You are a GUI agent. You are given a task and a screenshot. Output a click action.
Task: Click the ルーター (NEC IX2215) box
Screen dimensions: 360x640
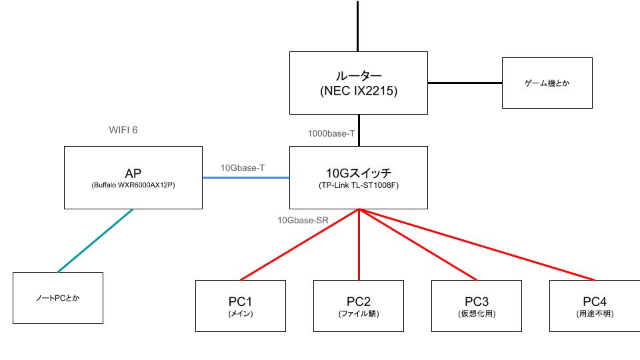click(359, 83)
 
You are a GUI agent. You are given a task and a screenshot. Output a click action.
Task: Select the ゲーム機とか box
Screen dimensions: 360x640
click(547, 83)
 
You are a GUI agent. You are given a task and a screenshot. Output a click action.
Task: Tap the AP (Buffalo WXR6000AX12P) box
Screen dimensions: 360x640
click(133, 177)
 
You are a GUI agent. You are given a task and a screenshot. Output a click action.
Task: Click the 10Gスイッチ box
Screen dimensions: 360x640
click(359, 177)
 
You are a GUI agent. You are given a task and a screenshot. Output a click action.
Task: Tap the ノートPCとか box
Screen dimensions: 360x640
click(58, 298)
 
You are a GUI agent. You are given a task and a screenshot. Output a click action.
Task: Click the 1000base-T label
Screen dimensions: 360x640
click(331, 133)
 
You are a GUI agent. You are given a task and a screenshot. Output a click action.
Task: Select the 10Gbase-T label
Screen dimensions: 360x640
click(243, 168)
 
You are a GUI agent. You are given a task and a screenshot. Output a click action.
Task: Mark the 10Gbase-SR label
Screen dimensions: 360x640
click(303, 219)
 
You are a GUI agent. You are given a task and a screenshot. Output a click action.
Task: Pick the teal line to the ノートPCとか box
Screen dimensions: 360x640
click(95, 240)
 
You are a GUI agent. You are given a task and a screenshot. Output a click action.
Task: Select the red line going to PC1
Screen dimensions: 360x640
click(300, 244)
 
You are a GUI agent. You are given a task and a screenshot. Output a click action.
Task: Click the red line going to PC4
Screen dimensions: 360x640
click(477, 244)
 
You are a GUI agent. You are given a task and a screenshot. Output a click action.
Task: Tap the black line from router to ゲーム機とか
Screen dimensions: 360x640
click(465, 83)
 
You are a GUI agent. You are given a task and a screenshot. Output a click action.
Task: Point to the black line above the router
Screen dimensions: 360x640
click(359, 27)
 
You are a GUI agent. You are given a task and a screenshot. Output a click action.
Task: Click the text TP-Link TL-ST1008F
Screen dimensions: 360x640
click(359, 185)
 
